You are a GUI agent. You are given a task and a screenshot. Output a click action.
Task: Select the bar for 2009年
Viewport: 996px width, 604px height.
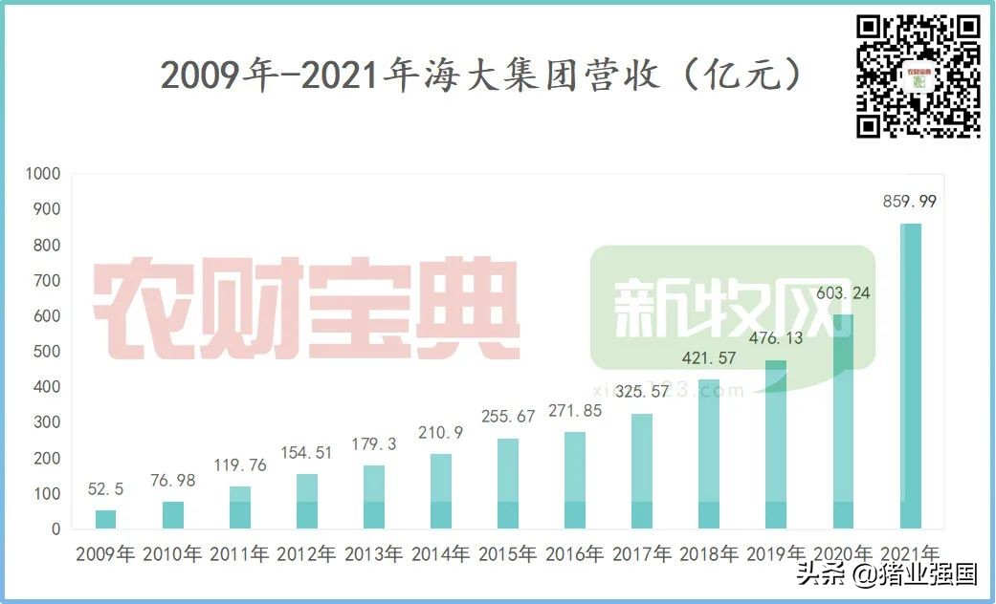click(x=106, y=519)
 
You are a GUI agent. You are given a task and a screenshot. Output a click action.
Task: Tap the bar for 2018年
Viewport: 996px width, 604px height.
click(x=709, y=454)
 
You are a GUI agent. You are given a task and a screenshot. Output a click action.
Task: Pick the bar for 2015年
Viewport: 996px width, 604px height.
click(x=508, y=484)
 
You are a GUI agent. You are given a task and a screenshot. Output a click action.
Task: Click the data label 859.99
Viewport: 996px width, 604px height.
click(x=910, y=202)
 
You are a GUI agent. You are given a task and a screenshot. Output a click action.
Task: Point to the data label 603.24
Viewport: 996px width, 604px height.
click(x=843, y=292)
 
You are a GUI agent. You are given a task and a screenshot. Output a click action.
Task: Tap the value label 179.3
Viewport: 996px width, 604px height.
click(x=374, y=442)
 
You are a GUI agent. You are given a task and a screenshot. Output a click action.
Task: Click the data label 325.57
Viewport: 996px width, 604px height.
click(x=642, y=391)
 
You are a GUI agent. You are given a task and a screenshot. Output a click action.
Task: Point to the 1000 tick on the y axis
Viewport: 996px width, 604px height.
click(x=44, y=174)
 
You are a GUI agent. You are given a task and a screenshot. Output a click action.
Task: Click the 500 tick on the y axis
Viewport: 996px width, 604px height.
click(x=48, y=352)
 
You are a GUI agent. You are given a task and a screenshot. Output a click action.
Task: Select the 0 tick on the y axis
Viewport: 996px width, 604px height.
click(x=55, y=528)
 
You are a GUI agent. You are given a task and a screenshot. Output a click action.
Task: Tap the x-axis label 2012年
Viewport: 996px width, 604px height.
click(x=306, y=553)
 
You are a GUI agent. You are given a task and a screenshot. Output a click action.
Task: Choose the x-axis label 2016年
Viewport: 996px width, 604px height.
click(x=574, y=553)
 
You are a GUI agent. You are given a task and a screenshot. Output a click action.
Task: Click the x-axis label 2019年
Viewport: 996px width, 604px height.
click(x=776, y=553)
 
